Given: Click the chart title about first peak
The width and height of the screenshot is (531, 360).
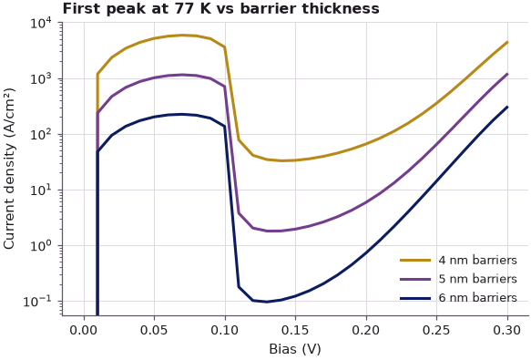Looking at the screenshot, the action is click(220, 9).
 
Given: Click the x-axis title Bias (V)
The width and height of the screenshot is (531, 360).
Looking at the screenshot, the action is click(295, 349).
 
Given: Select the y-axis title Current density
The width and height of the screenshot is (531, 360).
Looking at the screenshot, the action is click(9, 169).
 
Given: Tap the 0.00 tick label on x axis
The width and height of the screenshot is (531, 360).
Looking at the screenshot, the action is click(84, 330).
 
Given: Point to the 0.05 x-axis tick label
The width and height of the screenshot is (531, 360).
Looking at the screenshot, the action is click(154, 330).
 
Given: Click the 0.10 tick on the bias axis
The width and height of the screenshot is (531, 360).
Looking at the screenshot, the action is click(225, 330).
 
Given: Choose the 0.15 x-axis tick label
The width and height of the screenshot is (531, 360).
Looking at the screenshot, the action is click(295, 330).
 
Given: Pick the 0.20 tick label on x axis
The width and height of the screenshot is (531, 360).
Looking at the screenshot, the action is click(366, 330).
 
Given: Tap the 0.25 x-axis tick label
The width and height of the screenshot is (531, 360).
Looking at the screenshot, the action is click(436, 330).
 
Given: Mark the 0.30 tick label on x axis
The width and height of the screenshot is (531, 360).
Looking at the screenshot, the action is click(507, 330).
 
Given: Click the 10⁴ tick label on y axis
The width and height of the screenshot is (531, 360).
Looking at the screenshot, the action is click(41, 24).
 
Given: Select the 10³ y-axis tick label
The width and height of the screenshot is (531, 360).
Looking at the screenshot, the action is click(41, 79).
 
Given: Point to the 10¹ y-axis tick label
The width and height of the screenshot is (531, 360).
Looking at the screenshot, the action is click(41, 190).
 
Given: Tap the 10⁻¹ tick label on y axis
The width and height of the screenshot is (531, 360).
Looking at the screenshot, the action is click(37, 302).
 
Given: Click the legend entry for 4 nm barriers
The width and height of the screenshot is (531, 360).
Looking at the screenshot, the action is click(458, 261).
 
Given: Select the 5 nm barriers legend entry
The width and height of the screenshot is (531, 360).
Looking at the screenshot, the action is click(458, 279).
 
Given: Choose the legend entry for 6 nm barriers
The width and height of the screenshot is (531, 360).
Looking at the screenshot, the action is click(458, 298).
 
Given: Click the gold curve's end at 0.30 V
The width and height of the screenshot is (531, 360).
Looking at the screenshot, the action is click(507, 42).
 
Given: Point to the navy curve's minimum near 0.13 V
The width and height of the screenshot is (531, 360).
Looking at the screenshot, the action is click(267, 302).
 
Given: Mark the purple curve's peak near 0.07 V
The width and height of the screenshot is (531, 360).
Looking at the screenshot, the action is click(182, 75).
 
